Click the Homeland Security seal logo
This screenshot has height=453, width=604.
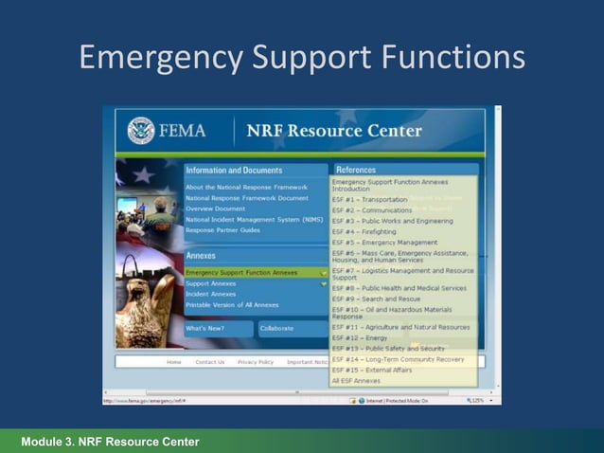click(x=141, y=130)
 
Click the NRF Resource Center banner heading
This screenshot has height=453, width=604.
click(x=333, y=131)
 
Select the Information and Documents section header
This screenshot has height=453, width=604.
click(x=234, y=171)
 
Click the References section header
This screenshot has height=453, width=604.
click(x=356, y=170)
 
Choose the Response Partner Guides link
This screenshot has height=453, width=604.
click(x=222, y=229)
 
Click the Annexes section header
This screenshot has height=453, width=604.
click(x=202, y=256)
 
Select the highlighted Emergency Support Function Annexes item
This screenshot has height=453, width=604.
click(x=241, y=272)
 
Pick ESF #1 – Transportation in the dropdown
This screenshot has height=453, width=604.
click(x=370, y=199)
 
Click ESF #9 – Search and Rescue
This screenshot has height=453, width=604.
click(x=377, y=299)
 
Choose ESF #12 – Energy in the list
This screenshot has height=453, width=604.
click(x=360, y=338)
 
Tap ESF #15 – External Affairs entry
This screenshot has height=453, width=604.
click(x=372, y=370)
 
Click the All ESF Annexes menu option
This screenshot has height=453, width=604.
click(x=356, y=380)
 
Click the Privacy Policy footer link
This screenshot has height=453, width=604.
click(x=256, y=362)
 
